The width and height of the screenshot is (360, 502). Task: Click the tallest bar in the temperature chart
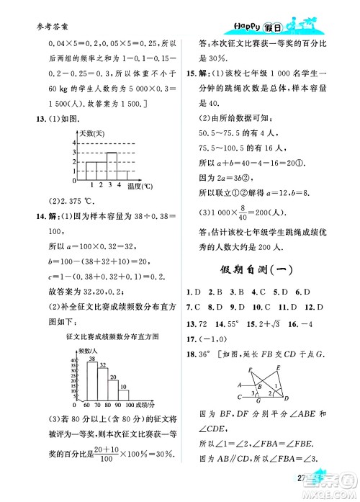coord(112,166)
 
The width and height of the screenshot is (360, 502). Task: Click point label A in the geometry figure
coord(239,385)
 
